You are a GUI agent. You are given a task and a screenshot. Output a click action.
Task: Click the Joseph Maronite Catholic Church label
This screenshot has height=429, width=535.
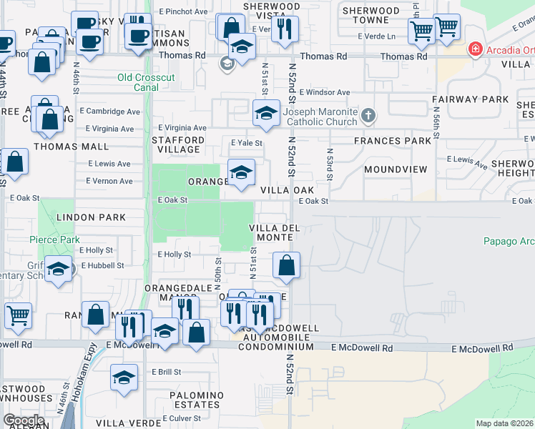coord(320,117)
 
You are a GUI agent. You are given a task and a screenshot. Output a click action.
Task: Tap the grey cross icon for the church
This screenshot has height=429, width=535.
coord(368,114)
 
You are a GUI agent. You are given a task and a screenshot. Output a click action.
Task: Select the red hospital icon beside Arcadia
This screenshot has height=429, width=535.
coord(473,49)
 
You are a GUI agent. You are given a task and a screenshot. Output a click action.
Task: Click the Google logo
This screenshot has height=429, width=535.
coord(24,420)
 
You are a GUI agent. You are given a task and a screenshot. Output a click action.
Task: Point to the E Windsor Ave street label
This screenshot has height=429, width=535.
coord(325,92)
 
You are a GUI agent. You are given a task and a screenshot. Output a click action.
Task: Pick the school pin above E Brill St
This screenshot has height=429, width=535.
coord(124,378)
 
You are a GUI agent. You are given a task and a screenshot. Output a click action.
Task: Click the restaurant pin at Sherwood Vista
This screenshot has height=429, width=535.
coord(285,29)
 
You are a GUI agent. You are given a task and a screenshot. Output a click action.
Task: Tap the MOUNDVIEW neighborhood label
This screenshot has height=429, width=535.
coord(396,169)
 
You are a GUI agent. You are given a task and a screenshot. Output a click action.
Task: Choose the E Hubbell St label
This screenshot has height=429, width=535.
coord(103,265)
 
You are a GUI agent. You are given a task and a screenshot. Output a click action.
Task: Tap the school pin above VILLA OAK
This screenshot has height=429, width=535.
coord(241,172)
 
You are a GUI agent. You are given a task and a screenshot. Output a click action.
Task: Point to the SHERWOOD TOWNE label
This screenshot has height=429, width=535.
coord(370,15)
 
